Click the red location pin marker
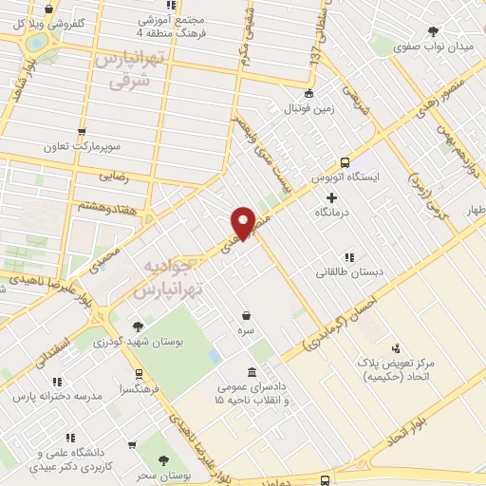pyautogui.click(x=243, y=222)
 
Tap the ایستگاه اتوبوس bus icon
pyautogui.click(x=345, y=162)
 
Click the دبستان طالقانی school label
pyautogui.click(x=350, y=272)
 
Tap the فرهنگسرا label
pyautogui.click(x=140, y=389)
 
